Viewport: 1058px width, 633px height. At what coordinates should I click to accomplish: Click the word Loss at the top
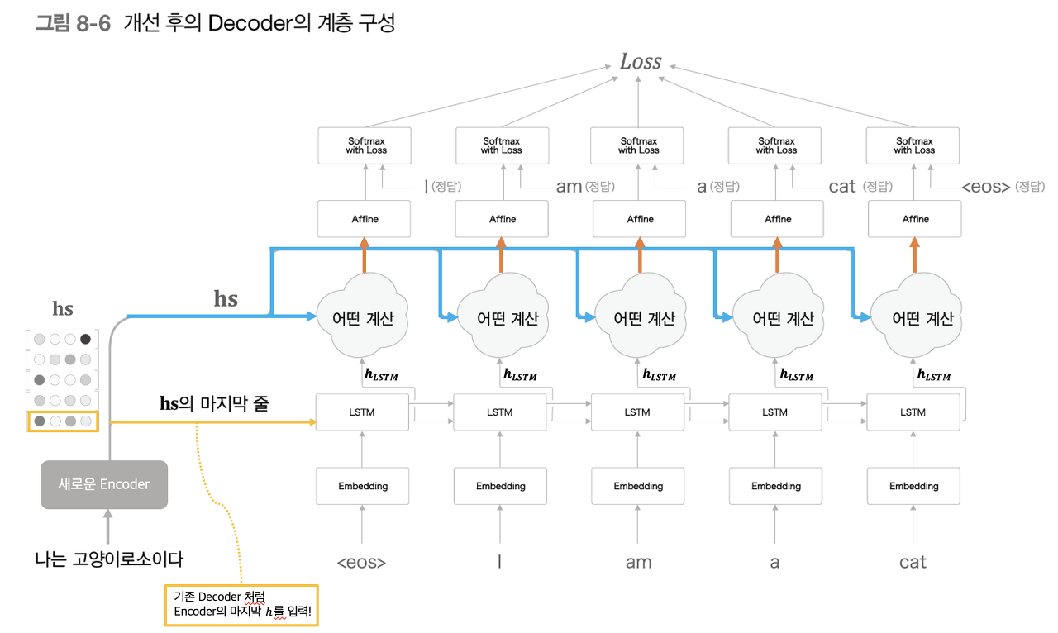641,62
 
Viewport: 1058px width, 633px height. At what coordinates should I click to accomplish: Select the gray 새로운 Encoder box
104,484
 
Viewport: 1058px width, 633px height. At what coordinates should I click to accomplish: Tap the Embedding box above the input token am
638,486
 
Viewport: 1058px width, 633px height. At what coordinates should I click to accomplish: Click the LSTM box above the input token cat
913,412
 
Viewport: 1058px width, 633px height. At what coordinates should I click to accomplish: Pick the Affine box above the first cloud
365,219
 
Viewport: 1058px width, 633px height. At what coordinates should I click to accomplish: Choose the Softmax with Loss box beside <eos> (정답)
913,145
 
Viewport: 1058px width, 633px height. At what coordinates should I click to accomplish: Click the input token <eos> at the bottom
361,563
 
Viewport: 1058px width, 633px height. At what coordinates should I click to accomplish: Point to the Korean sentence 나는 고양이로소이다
109,559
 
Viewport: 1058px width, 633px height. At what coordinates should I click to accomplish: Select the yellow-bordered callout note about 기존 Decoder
241,605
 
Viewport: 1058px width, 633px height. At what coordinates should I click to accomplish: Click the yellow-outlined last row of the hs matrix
63,421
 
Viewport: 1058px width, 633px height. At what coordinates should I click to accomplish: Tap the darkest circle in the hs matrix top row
86,338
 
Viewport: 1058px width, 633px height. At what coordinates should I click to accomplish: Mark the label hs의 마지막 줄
213,404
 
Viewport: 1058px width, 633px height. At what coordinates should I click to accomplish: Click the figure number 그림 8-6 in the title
73,23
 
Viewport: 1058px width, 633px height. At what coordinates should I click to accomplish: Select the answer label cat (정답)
860,187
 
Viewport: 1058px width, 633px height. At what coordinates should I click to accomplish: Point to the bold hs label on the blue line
226,298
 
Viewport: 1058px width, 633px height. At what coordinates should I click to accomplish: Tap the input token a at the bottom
774,563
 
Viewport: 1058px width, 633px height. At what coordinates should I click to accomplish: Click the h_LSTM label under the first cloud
381,375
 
